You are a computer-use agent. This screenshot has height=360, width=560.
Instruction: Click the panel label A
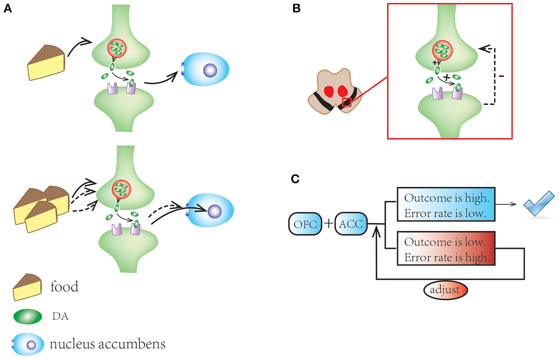pyautogui.click(x=8, y=8)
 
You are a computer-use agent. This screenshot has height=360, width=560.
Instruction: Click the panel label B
pyautogui.click(x=296, y=8)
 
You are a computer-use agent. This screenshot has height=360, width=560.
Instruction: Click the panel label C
pyautogui.click(x=295, y=179)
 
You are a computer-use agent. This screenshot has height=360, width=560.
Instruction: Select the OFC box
pyautogui.click(x=305, y=224)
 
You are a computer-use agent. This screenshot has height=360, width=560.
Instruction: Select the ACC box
pyautogui.click(x=351, y=224)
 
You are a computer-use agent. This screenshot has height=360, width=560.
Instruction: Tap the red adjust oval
pyautogui.click(x=445, y=290)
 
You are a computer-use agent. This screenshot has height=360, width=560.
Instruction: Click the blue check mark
pyautogui.click(x=539, y=203)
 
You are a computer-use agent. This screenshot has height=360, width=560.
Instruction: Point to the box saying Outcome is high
pyautogui.click(x=446, y=205)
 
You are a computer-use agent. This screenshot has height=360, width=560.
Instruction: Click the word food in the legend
pyautogui.click(x=64, y=287)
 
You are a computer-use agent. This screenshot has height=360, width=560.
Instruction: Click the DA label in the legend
pyautogui.click(x=60, y=316)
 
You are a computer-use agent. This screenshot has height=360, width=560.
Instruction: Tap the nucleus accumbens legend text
pyautogui.click(x=107, y=344)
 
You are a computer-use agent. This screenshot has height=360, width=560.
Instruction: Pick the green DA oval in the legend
pyautogui.click(x=28, y=316)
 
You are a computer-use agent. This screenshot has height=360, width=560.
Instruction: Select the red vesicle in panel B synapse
pyautogui.click(x=442, y=50)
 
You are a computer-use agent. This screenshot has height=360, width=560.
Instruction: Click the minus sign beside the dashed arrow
pyautogui.click(x=502, y=76)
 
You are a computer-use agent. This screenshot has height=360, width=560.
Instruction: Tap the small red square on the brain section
pyautogui.click(x=347, y=102)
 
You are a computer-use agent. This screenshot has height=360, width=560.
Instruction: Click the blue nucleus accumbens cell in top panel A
pyautogui.click(x=206, y=70)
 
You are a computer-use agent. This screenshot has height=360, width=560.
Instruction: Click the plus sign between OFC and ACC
pyautogui.click(x=328, y=223)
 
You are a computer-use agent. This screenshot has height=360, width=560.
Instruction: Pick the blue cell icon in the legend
pyautogui.click(x=28, y=344)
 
